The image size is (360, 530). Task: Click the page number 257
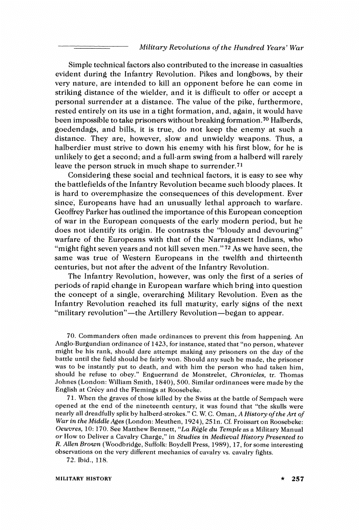pos(297,479)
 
